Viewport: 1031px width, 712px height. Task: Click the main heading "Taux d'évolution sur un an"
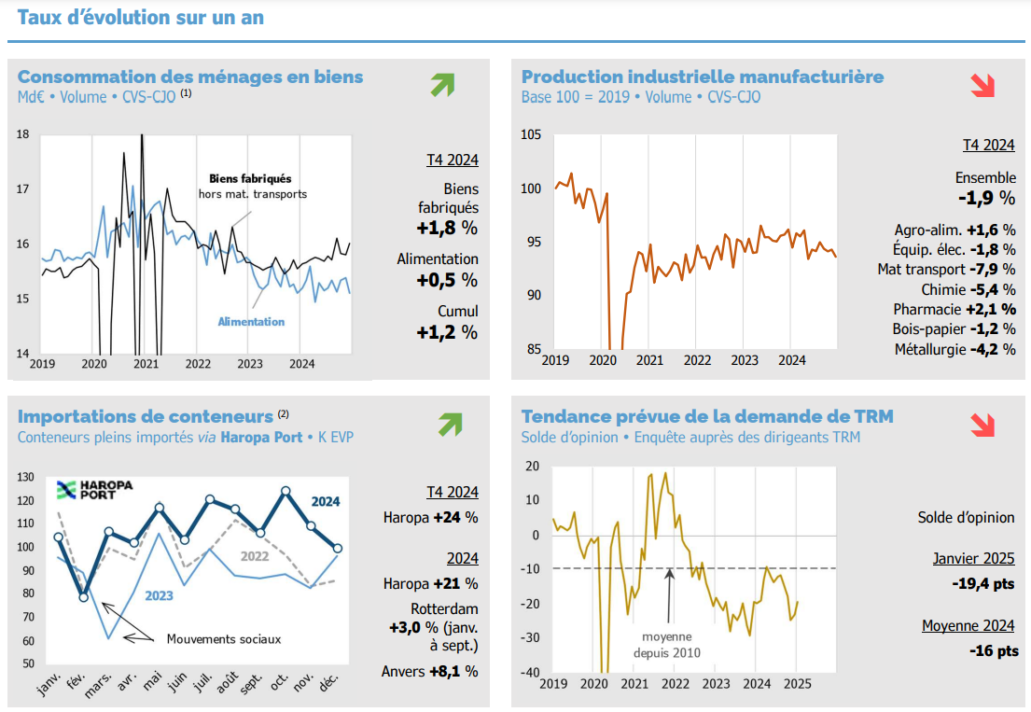[x=140, y=18]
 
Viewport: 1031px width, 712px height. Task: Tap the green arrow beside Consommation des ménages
[x=442, y=85]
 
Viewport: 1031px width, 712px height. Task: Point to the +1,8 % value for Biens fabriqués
[x=447, y=228]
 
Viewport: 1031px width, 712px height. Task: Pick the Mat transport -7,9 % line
[x=946, y=269]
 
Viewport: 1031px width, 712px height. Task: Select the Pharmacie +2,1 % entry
[x=954, y=309]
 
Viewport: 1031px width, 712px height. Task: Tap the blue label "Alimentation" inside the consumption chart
[x=251, y=322]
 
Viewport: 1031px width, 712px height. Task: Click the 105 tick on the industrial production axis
[x=530, y=134]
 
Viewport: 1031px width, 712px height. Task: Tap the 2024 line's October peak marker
[x=286, y=491]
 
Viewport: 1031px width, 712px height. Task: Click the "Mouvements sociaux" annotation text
[x=223, y=639]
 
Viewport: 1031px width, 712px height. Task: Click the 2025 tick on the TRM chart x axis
[x=797, y=683]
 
